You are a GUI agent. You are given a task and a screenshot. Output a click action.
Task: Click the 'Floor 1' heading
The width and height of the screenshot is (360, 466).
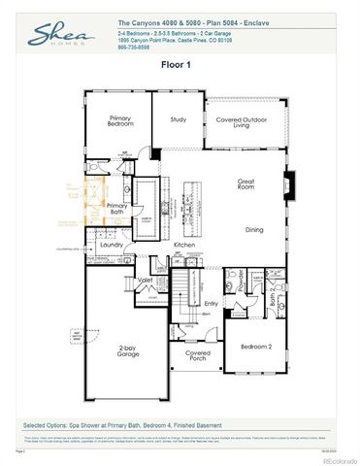(x=180, y=65)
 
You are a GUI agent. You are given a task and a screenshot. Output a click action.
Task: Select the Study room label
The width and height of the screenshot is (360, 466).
(x=178, y=119)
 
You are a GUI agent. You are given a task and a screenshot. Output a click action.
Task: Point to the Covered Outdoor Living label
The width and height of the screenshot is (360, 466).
(x=240, y=122)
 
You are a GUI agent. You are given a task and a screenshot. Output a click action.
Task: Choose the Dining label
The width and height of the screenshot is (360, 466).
(x=254, y=229)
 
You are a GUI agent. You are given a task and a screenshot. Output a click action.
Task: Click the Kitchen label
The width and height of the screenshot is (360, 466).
(x=184, y=245)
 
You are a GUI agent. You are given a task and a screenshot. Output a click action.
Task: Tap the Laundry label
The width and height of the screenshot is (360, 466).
(x=111, y=246)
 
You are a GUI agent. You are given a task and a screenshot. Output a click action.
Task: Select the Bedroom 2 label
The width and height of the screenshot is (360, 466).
(x=256, y=346)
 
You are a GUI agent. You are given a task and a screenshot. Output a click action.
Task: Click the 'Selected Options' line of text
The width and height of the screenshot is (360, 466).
(x=122, y=425)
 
